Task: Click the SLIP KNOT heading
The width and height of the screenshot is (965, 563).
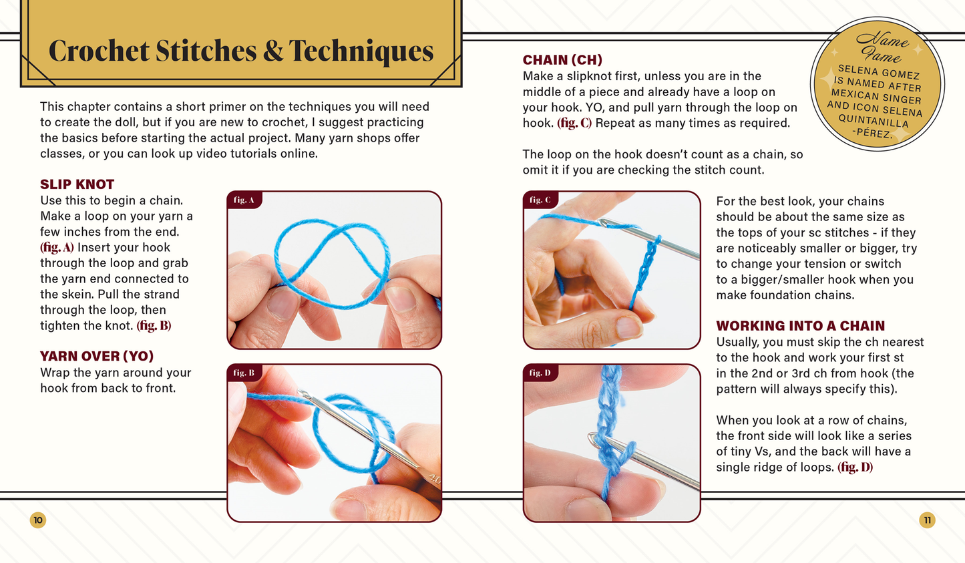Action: [77, 184]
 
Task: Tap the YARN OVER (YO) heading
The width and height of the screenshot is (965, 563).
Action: [97, 356]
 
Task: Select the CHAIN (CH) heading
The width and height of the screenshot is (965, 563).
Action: [562, 60]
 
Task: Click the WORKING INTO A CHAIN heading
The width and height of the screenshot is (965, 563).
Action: [801, 326]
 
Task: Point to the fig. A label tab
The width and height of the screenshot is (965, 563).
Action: [244, 200]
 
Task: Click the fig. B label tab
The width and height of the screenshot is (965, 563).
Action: [244, 373]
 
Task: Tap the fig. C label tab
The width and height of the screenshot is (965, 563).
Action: [540, 200]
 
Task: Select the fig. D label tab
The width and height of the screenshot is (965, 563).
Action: [540, 373]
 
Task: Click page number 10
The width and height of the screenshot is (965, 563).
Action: [38, 520]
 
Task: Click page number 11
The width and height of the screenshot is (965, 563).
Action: [927, 520]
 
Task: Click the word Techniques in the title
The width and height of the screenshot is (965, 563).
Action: [361, 51]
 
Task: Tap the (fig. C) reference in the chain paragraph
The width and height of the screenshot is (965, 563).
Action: [574, 123]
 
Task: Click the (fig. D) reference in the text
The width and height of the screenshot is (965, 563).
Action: [855, 467]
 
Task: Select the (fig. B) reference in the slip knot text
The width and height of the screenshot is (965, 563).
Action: [154, 326]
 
